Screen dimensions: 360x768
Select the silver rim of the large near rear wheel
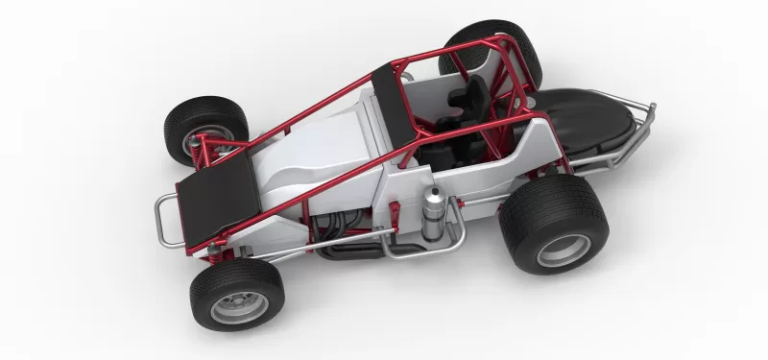click(x=564, y=249)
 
